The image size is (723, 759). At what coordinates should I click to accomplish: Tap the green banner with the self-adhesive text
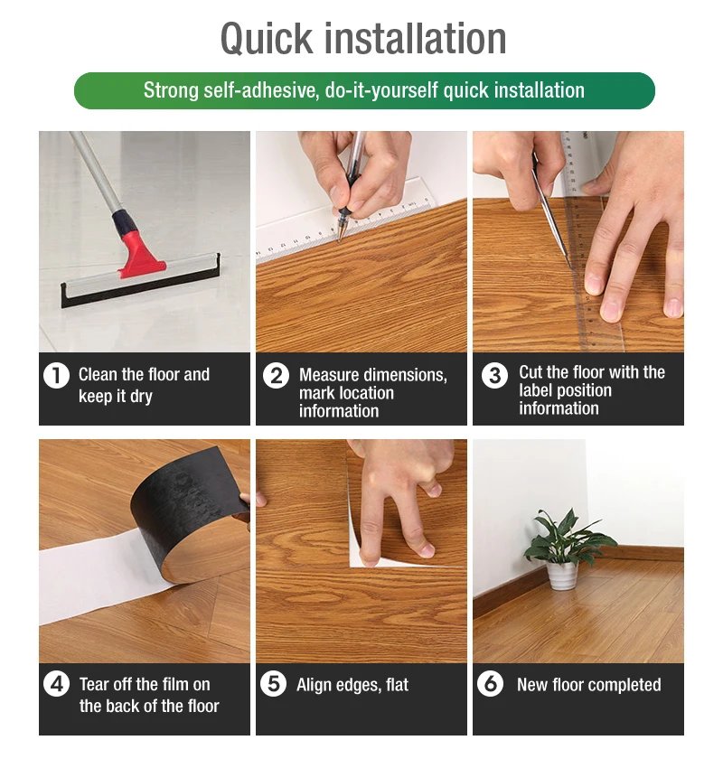363,90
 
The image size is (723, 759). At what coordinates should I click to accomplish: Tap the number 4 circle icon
56,684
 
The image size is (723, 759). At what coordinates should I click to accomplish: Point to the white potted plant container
562,575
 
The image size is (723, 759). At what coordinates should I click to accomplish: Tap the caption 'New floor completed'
588,685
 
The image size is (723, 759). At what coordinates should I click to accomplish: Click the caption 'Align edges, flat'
352,685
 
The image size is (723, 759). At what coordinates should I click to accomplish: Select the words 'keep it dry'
116,396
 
